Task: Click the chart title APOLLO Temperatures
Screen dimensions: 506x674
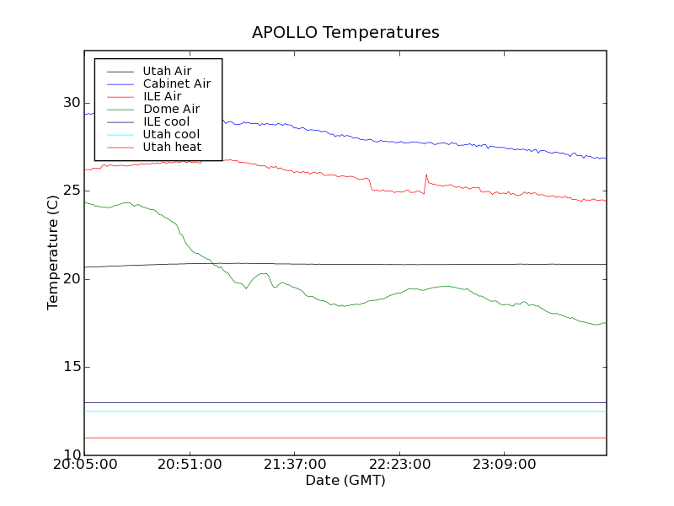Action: (345, 33)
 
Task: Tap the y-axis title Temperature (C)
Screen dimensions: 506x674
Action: (53, 252)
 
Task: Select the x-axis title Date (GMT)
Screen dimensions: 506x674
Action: (345, 481)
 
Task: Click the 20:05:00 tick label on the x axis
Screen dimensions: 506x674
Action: (84, 465)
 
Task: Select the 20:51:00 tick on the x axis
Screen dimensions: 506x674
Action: (190, 465)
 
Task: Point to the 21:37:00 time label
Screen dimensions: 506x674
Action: (294, 465)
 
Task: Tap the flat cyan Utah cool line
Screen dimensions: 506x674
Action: (345, 412)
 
